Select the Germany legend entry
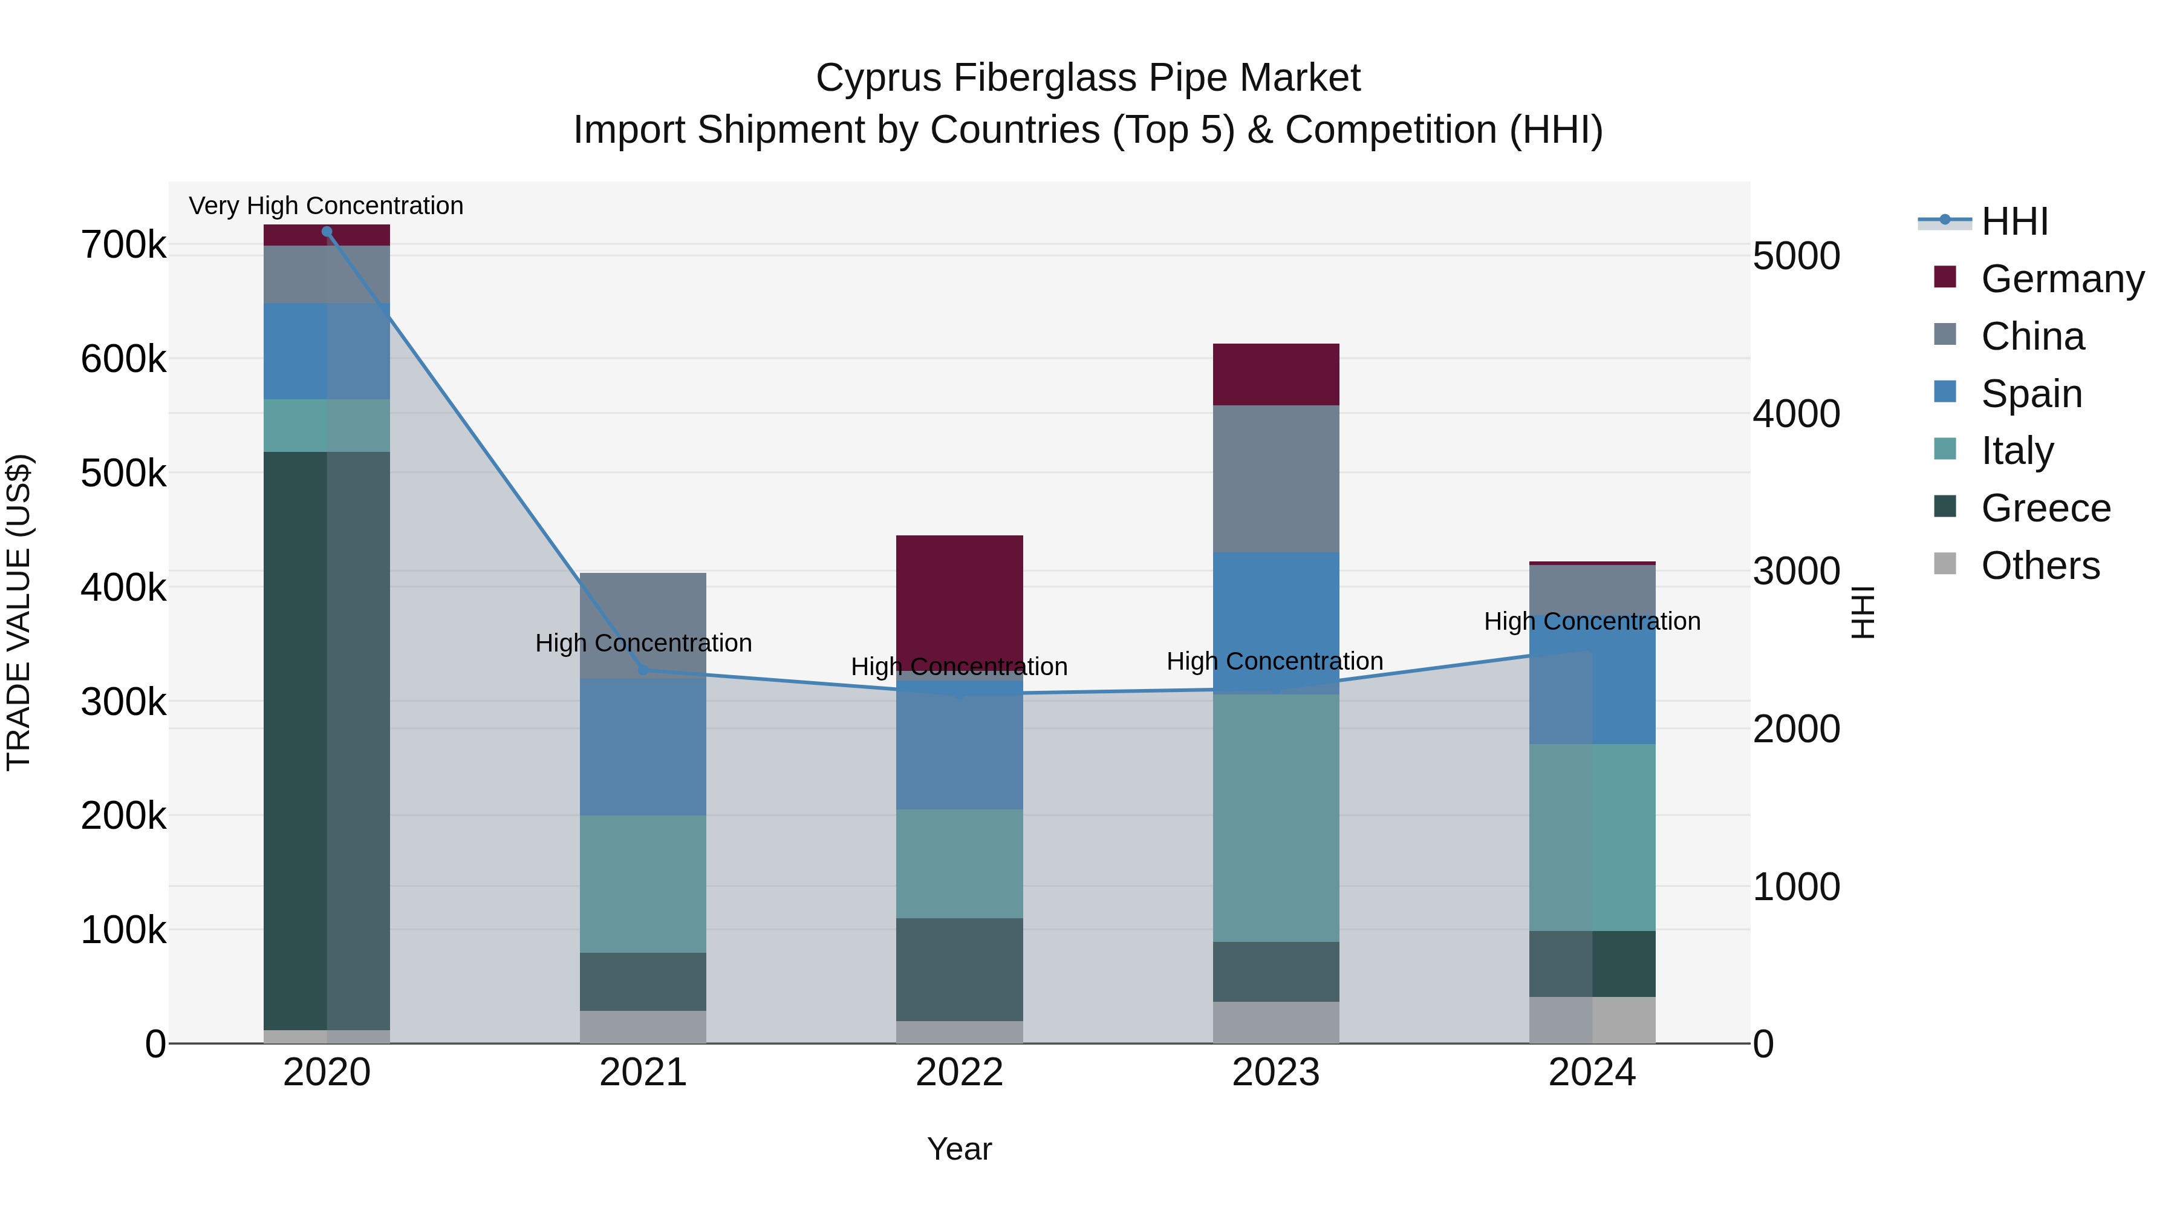tap(2062, 279)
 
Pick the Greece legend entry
tap(2045, 508)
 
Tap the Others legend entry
tap(2040, 566)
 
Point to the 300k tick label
tap(123, 702)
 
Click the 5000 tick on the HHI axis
tap(1797, 256)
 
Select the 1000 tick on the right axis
tap(1797, 887)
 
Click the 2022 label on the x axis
tap(959, 1073)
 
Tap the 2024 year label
tap(1592, 1073)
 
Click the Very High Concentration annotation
tap(326, 206)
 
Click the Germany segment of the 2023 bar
tap(1276, 374)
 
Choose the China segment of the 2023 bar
tap(1276, 479)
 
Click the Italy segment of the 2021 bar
tap(643, 883)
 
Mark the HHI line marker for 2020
tap(327, 232)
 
